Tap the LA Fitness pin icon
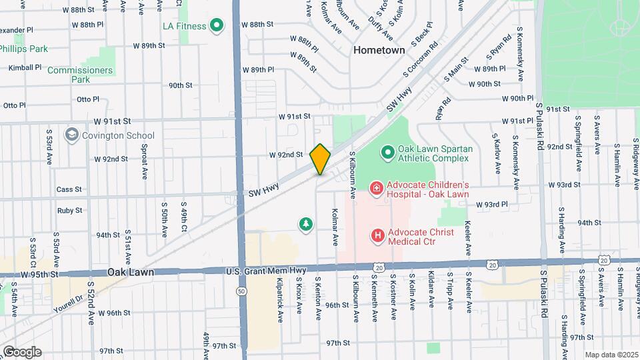tap(216, 27)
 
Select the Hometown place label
tap(379, 50)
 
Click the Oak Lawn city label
tap(131, 273)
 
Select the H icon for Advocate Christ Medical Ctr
tap(378, 235)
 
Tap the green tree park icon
tap(306, 225)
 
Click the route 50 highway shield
tap(239, 291)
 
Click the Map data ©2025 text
tap(611, 355)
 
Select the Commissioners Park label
tap(90, 74)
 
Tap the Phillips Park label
tap(23, 49)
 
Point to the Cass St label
tap(69, 189)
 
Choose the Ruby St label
tap(69, 210)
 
